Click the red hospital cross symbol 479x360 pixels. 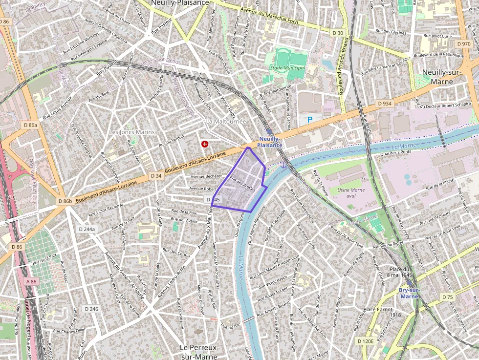(204, 144)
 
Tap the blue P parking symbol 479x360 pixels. (310, 119)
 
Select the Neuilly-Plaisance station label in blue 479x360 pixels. (270, 142)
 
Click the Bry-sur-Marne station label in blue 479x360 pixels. (409, 293)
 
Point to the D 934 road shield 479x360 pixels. (385, 104)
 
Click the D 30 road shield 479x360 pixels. (337, 33)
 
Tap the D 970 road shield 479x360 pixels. (464, 44)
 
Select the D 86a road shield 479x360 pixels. (30, 125)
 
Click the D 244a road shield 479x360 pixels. (88, 229)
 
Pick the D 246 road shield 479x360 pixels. (91, 309)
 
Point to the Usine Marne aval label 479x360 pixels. (351, 193)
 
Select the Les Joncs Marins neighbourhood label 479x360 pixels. (131, 132)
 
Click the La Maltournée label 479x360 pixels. (226, 121)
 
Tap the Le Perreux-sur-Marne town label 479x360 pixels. (198, 352)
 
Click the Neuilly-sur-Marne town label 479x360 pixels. (445, 77)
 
